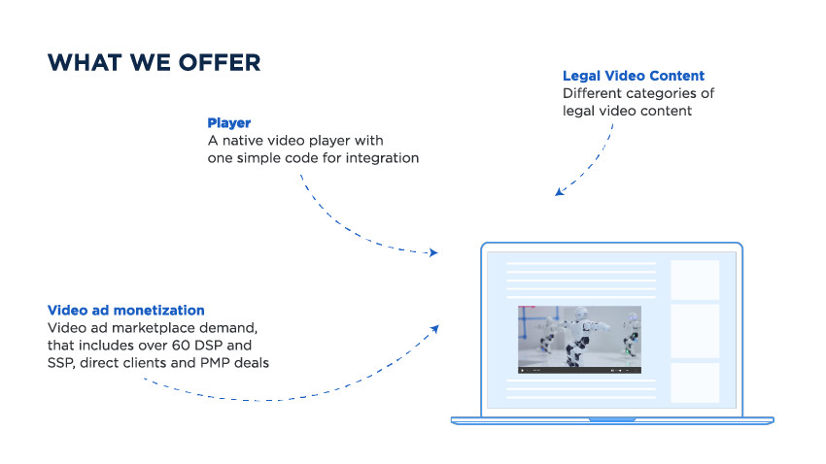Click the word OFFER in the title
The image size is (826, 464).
[x=220, y=62]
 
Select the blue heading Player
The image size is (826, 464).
[x=228, y=123]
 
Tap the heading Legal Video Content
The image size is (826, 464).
[x=634, y=76]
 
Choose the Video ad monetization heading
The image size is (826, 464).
[x=126, y=311]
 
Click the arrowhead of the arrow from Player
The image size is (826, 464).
[x=433, y=252]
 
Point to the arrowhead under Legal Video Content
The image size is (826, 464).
[x=560, y=191]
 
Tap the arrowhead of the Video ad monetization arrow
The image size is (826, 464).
[x=434, y=329]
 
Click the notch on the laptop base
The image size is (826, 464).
[x=612, y=419]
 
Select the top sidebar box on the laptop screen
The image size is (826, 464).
[x=695, y=280]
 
